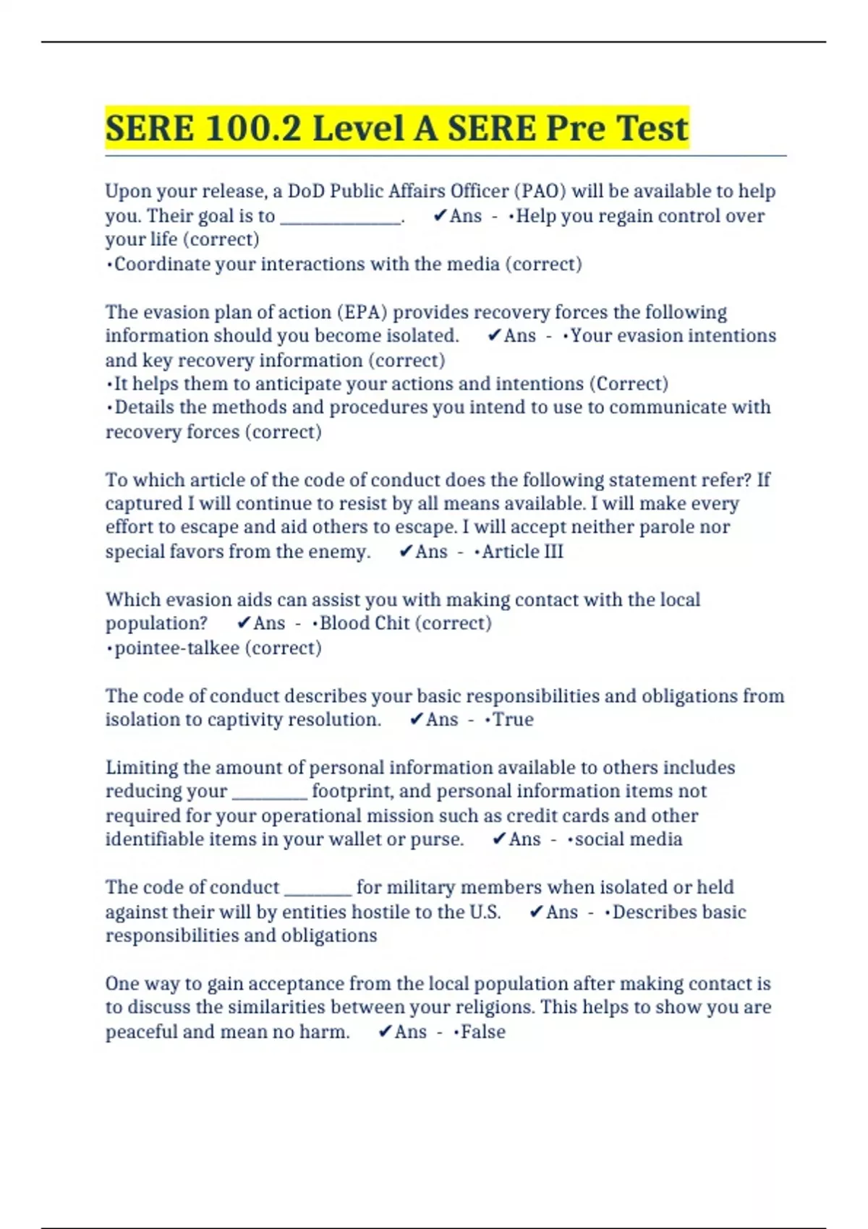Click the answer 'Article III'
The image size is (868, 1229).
coord(522,552)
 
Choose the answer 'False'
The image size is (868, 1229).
coord(483,1032)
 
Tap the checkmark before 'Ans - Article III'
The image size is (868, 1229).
coord(406,552)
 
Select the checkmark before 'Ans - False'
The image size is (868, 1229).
coord(385,1032)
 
